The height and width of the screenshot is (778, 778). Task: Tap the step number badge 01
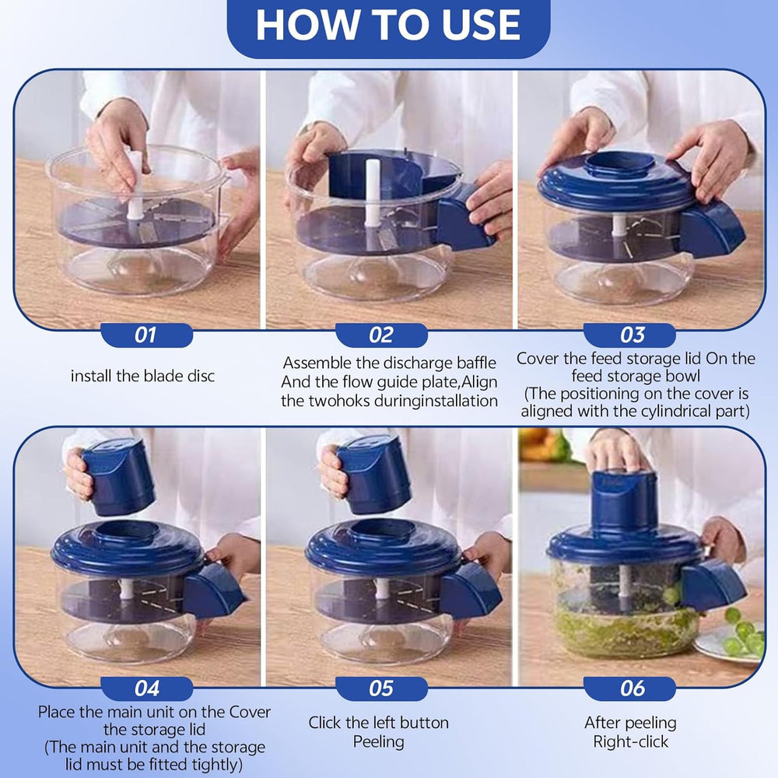point(145,335)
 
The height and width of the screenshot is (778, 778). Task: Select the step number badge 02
point(381,335)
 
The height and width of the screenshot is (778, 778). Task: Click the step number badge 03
point(633,335)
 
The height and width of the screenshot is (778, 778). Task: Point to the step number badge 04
point(146,689)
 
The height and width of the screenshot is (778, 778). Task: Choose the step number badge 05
point(381,689)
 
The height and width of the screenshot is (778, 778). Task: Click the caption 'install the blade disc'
point(142,376)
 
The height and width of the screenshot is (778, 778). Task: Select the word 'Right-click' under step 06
point(630,741)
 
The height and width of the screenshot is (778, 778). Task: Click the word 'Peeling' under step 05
point(379,741)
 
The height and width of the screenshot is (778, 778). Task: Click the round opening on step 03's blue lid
point(619,164)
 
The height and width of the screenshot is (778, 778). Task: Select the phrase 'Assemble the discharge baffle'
point(389,363)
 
